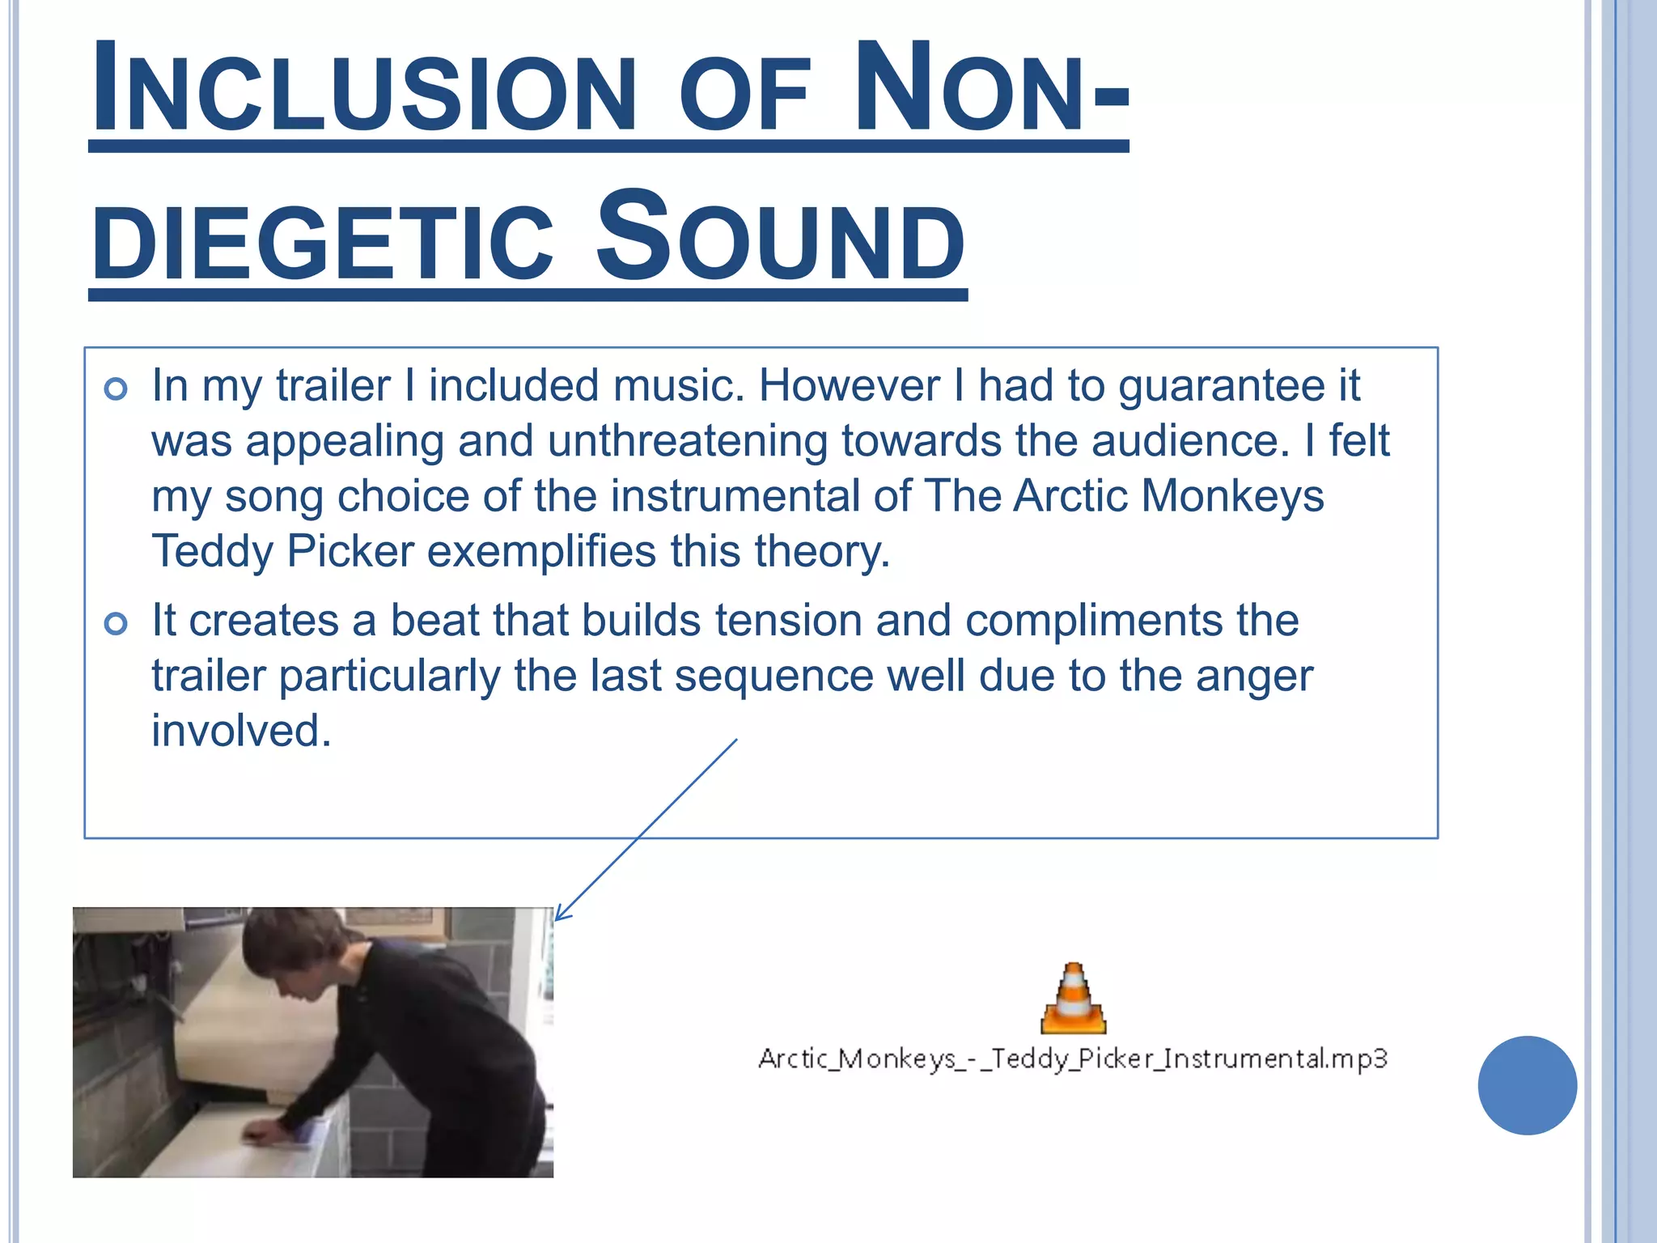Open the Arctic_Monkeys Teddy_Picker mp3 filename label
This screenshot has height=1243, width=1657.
click(x=1073, y=1058)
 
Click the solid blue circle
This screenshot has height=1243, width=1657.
click(x=1527, y=1085)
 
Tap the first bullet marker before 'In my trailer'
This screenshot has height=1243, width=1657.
click(x=117, y=389)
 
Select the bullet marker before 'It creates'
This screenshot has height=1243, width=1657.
click(x=117, y=624)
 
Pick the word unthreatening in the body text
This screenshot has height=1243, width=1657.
click(x=687, y=441)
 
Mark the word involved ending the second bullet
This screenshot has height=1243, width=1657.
click(x=241, y=731)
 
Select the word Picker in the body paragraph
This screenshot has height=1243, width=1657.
click(x=350, y=552)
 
